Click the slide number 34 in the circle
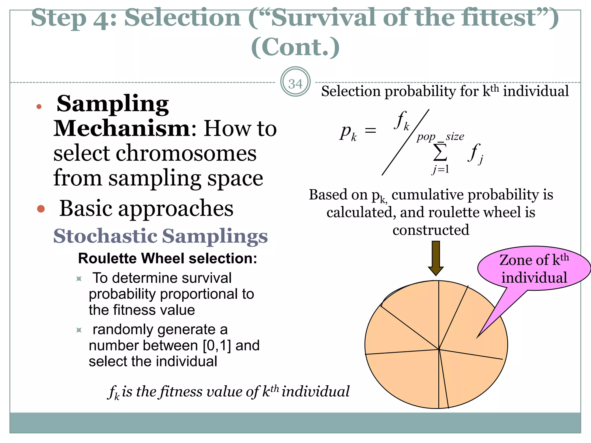click(x=295, y=84)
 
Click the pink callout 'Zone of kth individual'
click(x=534, y=269)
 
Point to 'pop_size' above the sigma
click(x=440, y=136)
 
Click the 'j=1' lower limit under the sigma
click(x=441, y=169)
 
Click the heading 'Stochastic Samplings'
click(x=160, y=236)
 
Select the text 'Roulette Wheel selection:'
click(x=167, y=258)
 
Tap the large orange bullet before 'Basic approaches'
click(x=41, y=209)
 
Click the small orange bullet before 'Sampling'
click(x=39, y=107)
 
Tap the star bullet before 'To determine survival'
click(x=79, y=279)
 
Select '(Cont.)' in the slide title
click(x=295, y=47)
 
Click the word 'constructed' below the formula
click(x=431, y=230)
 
